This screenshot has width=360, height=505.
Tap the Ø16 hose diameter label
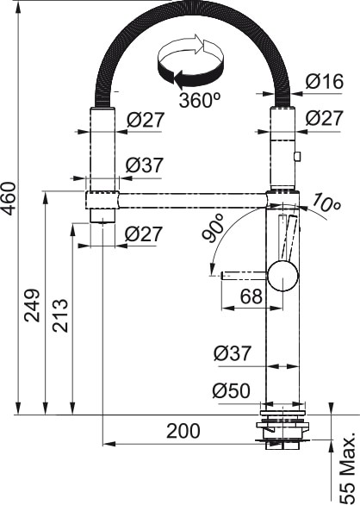(x=324, y=82)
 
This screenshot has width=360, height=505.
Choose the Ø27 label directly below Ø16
(x=324, y=118)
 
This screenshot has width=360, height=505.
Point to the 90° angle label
(x=214, y=228)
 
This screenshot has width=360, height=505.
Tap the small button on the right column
(x=298, y=157)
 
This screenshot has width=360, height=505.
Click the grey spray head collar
(x=102, y=201)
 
